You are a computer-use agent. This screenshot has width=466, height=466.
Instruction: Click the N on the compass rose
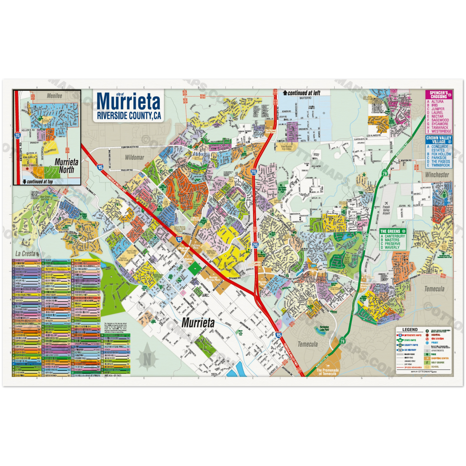pyautogui.click(x=147, y=359)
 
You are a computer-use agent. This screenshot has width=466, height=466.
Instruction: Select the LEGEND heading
pyautogui.click(x=410, y=330)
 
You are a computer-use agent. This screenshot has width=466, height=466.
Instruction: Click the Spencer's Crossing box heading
pyautogui.click(x=438, y=95)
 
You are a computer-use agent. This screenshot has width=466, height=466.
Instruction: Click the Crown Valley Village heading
pyautogui.click(x=438, y=140)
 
